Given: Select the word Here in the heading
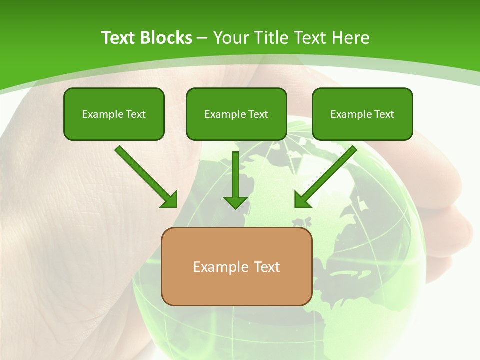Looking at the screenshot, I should click(352, 38).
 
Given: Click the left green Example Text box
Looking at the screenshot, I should click(114, 114).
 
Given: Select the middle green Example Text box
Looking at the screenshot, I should click(236, 114).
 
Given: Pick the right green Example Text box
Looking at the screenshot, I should click(362, 114).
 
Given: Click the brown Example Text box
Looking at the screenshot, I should click(236, 266).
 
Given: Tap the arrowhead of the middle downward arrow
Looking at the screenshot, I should click(235, 202).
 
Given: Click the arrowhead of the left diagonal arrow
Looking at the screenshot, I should click(170, 200).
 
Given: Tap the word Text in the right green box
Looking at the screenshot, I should click(383, 114).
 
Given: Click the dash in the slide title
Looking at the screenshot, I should click(202, 38).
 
